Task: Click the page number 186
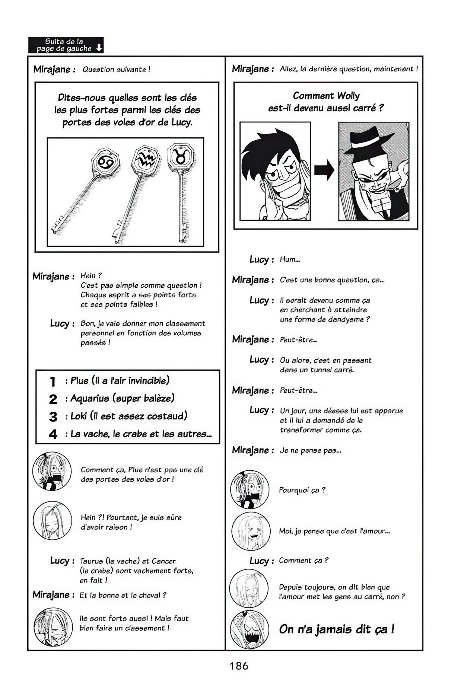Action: [239, 666]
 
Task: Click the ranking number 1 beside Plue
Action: [53, 381]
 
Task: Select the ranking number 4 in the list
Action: [53, 434]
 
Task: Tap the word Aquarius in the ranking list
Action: [89, 399]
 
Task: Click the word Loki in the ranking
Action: [79, 416]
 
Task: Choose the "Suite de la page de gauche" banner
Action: [66, 45]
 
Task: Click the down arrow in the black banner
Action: [99, 48]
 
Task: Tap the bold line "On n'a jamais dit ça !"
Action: [336, 629]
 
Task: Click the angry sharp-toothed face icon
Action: [249, 629]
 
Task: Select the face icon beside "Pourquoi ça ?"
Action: [250, 489]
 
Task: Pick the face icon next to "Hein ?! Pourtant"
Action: [52, 520]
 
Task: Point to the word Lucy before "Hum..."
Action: [259, 259]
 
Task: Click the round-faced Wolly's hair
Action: [268, 145]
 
